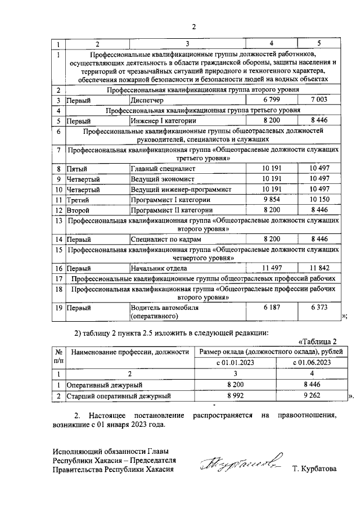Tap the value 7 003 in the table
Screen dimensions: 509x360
point(318,100)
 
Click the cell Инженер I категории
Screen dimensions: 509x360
point(163,120)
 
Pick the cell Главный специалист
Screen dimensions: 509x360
point(163,169)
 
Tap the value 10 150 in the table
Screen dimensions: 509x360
point(318,200)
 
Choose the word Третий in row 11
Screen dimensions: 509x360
point(78,200)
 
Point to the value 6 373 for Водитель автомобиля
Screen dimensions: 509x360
point(318,308)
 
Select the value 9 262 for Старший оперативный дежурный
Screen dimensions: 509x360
point(311,396)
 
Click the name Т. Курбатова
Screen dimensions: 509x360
point(314,469)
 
